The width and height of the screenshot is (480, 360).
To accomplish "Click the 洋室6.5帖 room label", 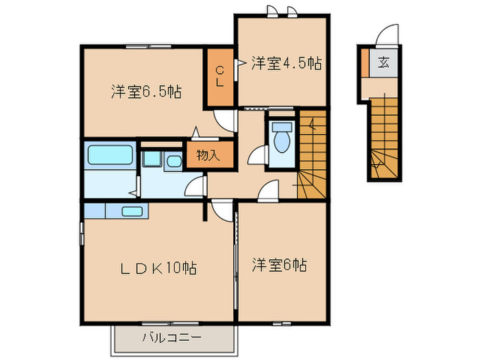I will click(145, 91).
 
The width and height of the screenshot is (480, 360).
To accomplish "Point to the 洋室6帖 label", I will click(278, 263).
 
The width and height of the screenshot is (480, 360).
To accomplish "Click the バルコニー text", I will click(171, 337).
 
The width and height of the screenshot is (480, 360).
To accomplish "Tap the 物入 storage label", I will click(207, 156).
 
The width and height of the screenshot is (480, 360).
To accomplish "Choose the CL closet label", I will click(220, 75).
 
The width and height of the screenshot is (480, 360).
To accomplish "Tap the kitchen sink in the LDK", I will click(132, 211).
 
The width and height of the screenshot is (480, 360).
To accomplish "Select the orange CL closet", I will click(221, 76).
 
